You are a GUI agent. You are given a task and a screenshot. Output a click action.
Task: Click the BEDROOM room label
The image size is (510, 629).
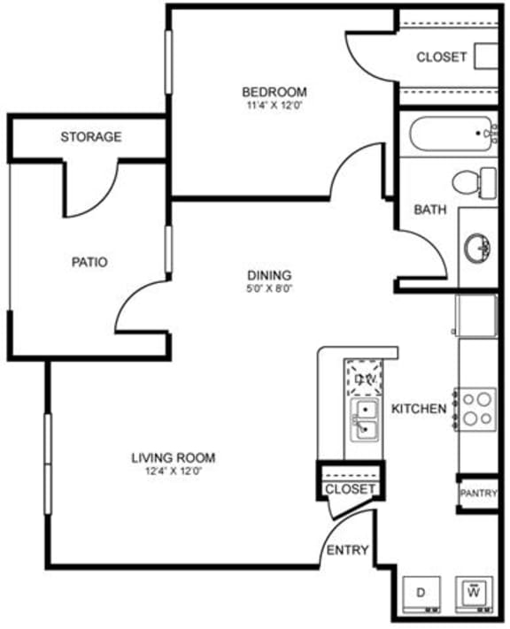point(274,92)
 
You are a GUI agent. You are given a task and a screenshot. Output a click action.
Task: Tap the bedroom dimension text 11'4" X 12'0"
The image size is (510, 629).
point(274,107)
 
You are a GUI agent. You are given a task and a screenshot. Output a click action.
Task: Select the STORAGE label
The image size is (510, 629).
point(90,137)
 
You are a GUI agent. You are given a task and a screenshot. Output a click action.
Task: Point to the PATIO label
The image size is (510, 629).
point(89,262)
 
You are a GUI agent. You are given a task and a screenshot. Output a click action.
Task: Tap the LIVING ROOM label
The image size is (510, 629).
point(174,457)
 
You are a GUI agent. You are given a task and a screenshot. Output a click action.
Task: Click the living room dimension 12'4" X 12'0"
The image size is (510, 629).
point(174,471)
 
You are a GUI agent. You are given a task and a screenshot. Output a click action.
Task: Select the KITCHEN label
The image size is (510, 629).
point(418,409)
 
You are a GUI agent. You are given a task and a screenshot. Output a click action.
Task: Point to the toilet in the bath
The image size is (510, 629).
point(475,182)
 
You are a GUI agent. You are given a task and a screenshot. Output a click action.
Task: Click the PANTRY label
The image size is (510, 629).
point(478,494)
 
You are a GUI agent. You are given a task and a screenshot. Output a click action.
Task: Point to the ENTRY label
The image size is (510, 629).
point(347,550)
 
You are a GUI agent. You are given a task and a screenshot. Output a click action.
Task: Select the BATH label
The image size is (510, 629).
point(430,211)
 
